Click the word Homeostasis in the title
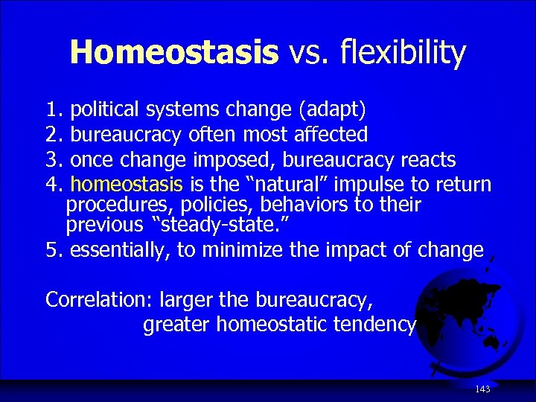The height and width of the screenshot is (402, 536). (x=173, y=52)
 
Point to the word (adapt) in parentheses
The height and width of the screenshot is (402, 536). (x=332, y=110)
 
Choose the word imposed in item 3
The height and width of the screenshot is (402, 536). (x=237, y=159)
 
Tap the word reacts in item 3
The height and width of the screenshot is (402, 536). (x=429, y=159)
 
